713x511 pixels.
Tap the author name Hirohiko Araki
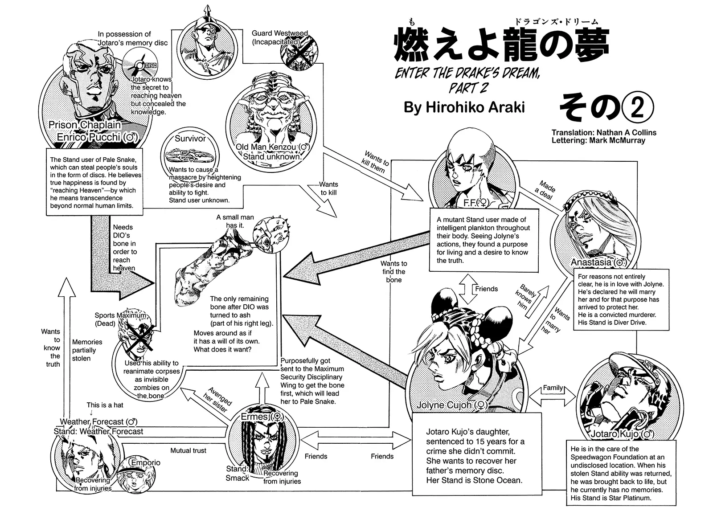click(464, 107)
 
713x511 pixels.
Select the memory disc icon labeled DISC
click(138, 65)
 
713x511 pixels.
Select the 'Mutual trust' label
click(188, 450)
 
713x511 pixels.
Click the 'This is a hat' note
click(105, 405)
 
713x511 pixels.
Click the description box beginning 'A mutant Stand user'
click(483, 240)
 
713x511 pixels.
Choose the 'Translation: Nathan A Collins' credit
click(603, 132)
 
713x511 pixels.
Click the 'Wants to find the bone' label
click(393, 272)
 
